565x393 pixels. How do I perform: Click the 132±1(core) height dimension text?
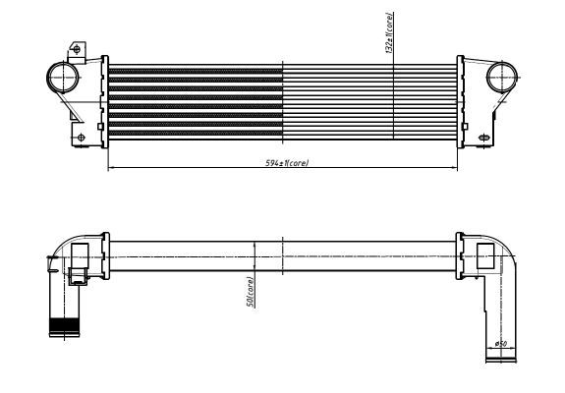[x=390, y=31]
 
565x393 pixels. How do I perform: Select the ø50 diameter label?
[x=499, y=344]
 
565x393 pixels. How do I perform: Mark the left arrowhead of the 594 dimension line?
[x=110, y=167]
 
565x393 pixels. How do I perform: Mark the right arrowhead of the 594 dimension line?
[x=455, y=167]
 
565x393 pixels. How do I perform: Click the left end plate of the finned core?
[x=103, y=98]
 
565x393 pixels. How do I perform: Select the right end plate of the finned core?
[x=460, y=98]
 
